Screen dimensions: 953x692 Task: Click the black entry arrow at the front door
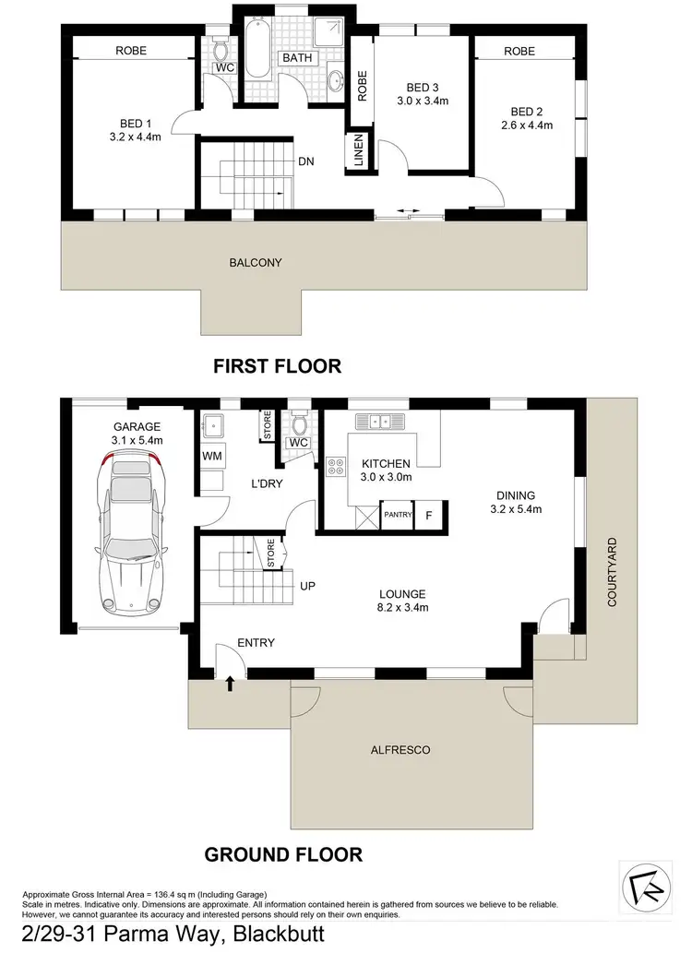[229, 683]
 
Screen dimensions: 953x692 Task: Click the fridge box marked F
[429, 515]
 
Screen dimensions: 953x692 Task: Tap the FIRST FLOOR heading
[277, 366]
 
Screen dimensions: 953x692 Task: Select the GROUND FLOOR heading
[283, 853]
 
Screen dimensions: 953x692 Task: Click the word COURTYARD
[612, 572]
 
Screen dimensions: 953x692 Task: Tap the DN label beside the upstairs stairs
[306, 161]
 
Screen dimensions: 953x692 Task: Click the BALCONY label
[256, 263]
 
